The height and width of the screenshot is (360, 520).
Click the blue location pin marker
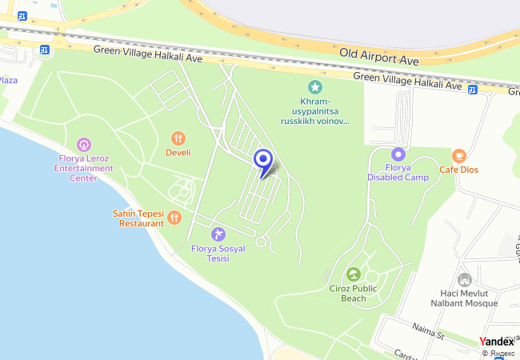click(263, 161)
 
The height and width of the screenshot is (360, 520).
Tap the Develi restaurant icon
click(178, 138)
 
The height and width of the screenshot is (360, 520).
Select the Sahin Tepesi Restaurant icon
click(174, 217)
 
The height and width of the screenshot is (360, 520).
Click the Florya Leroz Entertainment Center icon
click(84, 145)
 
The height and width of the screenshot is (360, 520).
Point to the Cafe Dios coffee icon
click(458, 155)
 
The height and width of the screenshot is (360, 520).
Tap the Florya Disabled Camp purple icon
click(398, 154)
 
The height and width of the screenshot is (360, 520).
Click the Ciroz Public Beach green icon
click(354, 275)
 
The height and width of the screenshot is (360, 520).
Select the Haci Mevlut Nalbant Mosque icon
click(464, 279)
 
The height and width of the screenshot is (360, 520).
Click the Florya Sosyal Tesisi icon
click(218, 234)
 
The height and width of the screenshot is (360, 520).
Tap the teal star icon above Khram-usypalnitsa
click(315, 86)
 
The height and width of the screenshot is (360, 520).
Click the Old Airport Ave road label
click(380, 53)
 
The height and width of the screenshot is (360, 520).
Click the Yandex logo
click(497, 342)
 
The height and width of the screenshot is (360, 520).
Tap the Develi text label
click(178, 152)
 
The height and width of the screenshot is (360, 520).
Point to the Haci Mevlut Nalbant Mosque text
click(465, 299)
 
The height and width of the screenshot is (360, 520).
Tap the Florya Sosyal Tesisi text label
click(218, 254)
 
